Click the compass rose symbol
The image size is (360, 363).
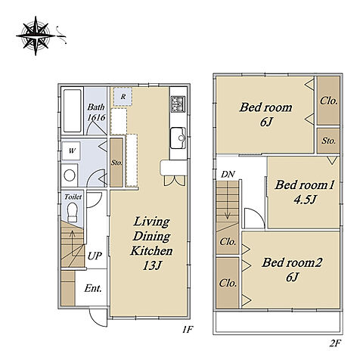36,36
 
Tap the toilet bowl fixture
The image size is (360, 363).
73,213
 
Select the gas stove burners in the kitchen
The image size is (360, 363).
178,104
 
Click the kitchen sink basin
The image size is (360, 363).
178,138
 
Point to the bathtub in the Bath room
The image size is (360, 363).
73,110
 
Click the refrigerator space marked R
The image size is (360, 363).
123,97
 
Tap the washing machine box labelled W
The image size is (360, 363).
72,150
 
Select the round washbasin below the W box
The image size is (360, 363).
70,175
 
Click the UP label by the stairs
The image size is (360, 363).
95,256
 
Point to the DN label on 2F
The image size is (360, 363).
228,174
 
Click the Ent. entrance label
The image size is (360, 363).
93,288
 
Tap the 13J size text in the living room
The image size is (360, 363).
151,265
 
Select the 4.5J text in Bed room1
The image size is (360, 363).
305,200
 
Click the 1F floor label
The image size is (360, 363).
188,330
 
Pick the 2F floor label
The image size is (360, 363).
335,343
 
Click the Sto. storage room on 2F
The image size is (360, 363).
328,141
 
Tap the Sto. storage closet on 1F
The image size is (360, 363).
116,163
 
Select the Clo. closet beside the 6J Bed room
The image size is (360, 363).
329,101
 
